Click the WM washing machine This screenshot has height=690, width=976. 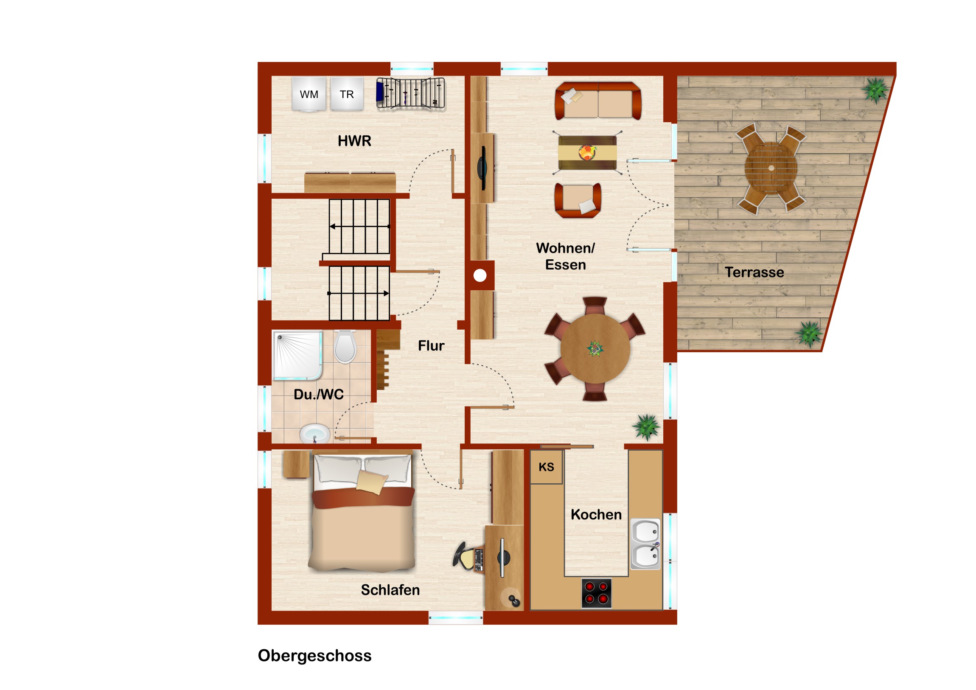point(309,94)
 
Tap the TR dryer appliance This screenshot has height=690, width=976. point(347,94)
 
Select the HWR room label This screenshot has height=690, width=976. point(354,141)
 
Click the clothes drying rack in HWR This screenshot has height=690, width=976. point(410,93)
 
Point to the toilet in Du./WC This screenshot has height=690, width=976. point(345,346)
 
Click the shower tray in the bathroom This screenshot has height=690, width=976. point(297,355)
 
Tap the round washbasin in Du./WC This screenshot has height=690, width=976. point(314,434)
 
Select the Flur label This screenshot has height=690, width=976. point(431,346)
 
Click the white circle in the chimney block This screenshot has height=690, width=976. point(480,275)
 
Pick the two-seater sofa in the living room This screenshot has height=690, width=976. point(597,101)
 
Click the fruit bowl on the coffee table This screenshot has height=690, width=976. point(587,152)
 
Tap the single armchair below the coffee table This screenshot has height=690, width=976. point(578,200)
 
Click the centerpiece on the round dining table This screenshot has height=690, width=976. point(595,349)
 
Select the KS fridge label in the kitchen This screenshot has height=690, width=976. point(546,467)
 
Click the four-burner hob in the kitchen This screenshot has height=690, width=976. point(596,593)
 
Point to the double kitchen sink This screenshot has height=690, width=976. point(645,544)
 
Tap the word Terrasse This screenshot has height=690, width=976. point(754,272)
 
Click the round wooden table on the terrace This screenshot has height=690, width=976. point(771,168)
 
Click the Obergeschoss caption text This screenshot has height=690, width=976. point(314,656)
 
